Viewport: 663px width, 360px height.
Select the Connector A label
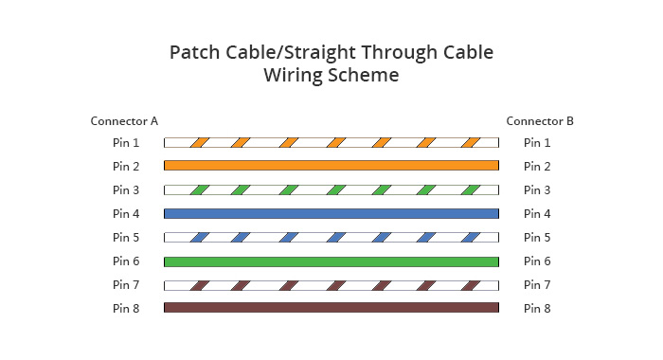point(124,121)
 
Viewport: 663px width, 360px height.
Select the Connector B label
point(540,121)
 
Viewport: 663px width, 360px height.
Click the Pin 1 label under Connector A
point(126,143)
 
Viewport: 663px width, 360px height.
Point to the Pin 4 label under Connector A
point(126,214)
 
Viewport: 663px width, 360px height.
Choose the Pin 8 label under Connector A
point(126,308)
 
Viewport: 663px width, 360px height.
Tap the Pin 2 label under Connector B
point(537,167)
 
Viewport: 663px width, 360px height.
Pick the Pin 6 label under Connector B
point(537,261)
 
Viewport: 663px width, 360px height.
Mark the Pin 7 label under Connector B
point(537,284)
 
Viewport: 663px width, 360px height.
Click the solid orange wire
point(331,166)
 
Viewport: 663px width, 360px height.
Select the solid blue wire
point(331,214)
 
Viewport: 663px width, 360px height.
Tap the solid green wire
point(331,261)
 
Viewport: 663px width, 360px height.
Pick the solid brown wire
point(331,308)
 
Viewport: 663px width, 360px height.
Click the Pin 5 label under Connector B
point(537,238)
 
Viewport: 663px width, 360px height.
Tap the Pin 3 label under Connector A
point(126,190)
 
